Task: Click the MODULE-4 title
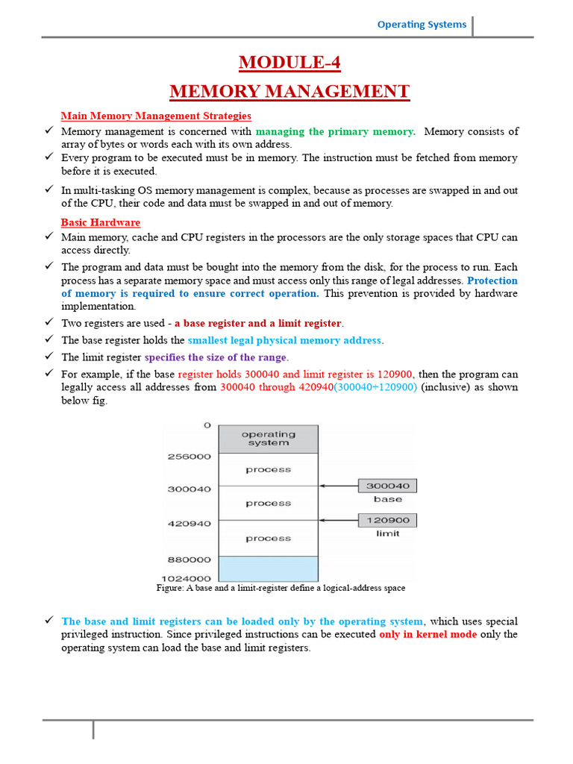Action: (x=289, y=63)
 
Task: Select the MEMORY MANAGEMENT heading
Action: (x=289, y=92)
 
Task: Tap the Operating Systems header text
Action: (x=422, y=25)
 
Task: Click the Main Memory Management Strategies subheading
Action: (x=156, y=116)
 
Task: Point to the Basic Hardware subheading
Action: (x=101, y=222)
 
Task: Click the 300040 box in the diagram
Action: (x=388, y=486)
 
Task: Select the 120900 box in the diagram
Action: (x=388, y=520)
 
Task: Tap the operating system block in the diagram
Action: (x=268, y=439)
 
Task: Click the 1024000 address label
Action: (x=188, y=578)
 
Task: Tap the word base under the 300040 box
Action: (x=388, y=499)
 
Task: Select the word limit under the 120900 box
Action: (x=388, y=533)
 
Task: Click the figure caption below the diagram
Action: (x=281, y=588)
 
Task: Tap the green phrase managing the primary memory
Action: (x=336, y=131)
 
